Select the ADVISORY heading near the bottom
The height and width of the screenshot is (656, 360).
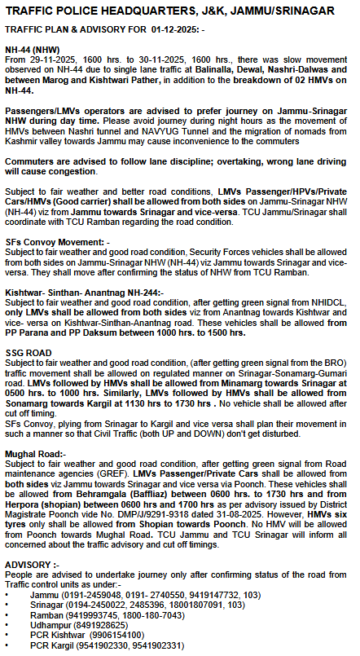32,564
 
